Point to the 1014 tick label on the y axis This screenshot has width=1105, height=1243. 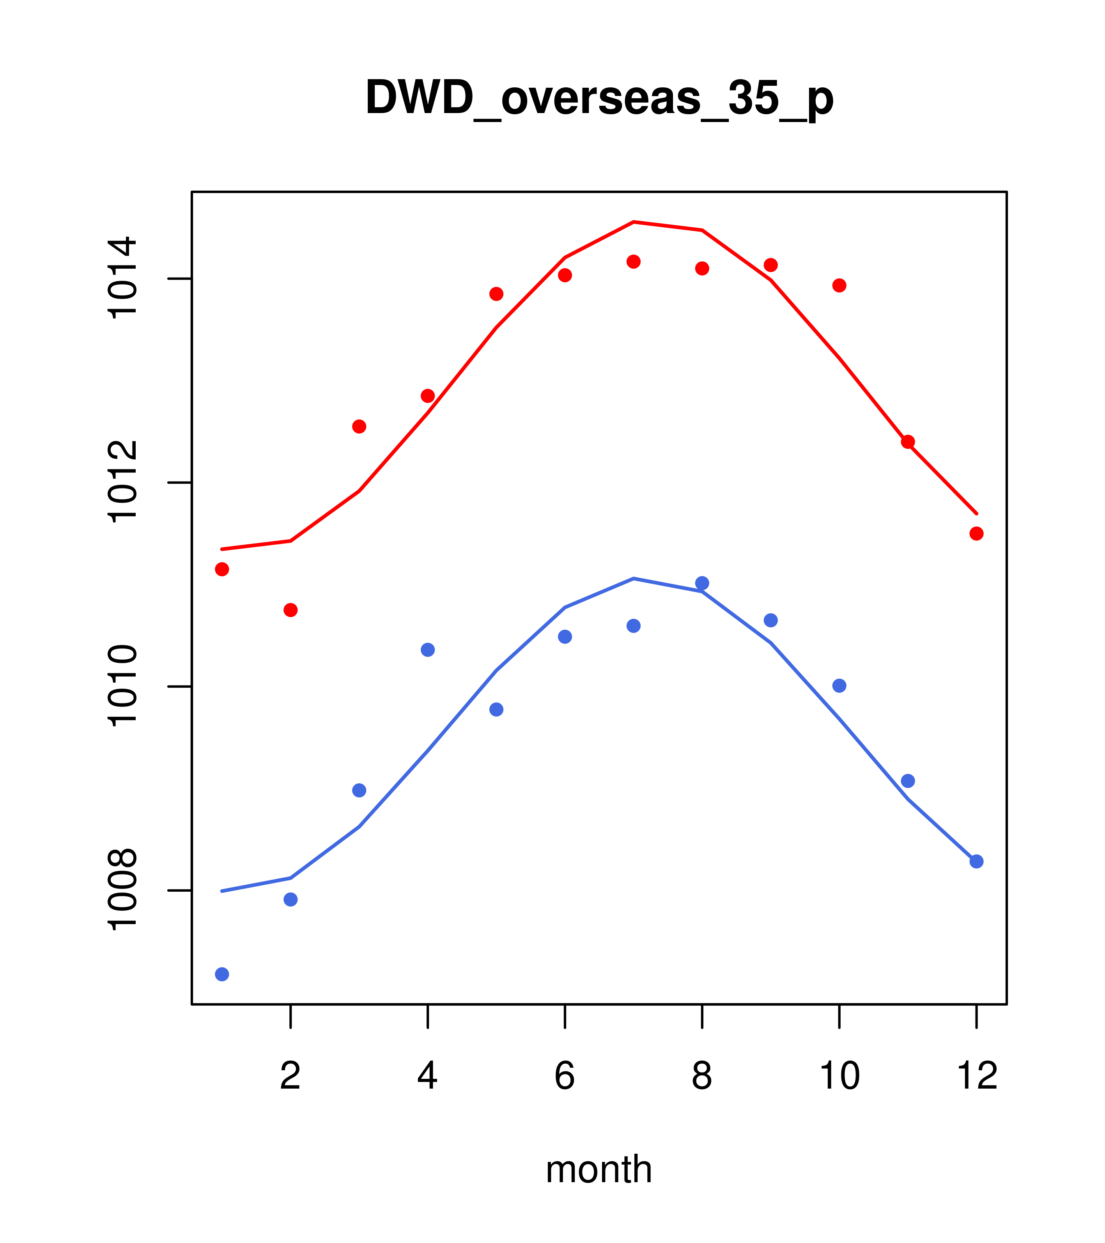(x=122, y=278)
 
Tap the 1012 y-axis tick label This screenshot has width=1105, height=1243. (x=122, y=483)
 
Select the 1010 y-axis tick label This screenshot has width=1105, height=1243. (x=122, y=687)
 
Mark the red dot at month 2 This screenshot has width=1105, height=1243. (x=291, y=610)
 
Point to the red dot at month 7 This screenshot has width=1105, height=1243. (x=634, y=262)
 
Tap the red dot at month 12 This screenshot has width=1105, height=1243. (x=977, y=533)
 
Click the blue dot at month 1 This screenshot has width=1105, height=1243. (x=222, y=974)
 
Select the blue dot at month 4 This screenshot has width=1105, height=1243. (x=428, y=650)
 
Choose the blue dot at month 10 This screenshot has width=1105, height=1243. (x=839, y=686)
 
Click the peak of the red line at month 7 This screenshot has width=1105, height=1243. (x=634, y=222)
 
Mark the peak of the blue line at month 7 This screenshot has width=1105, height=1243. (x=634, y=578)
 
